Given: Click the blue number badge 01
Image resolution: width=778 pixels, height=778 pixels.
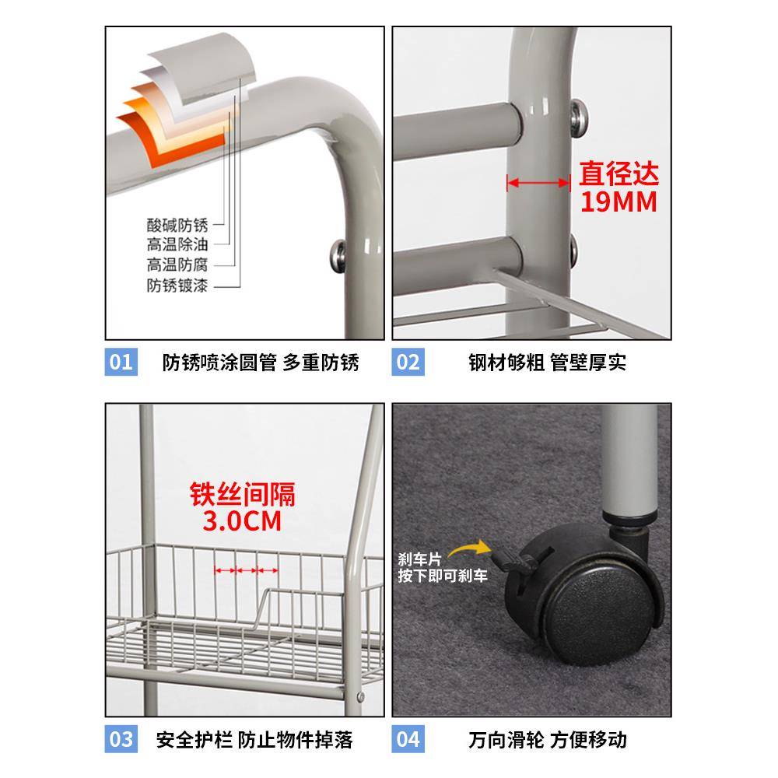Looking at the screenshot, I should click(121, 363).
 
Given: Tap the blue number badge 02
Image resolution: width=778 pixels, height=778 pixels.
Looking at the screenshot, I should click(408, 363).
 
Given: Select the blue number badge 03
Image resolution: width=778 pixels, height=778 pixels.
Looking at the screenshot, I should click(121, 738).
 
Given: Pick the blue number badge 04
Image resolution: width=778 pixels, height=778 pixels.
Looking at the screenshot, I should click(408, 738).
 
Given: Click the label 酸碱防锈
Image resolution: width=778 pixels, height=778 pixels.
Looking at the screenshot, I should click(177, 225).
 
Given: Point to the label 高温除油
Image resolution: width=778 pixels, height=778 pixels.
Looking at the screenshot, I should click(177, 245).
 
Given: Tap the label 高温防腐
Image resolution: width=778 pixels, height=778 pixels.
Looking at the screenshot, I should click(177, 265).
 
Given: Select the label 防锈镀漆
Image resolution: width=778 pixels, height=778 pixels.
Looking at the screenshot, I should click(177, 286).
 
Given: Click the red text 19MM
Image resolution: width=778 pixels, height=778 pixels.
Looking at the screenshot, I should click(619, 202).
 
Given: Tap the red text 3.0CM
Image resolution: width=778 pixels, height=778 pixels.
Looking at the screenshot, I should click(242, 520).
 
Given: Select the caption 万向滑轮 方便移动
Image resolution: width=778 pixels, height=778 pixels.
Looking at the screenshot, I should click(548, 738).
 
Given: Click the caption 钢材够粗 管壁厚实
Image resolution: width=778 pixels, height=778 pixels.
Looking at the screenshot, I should click(548, 363).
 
